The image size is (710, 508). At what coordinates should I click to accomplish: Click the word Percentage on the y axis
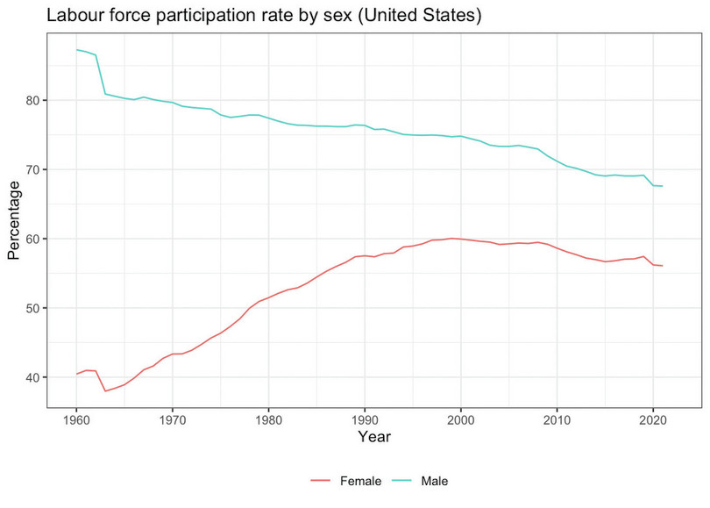point(13,220)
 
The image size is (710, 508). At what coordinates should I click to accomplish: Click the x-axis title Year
point(374,436)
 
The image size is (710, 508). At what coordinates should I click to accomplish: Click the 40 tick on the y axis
point(33,377)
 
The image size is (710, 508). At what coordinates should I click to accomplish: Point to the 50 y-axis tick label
point(33,308)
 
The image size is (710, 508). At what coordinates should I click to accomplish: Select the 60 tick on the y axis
point(33,239)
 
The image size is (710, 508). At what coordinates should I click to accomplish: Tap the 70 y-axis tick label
point(33,169)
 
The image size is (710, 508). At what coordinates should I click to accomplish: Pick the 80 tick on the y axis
point(33,100)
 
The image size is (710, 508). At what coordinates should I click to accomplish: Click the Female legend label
point(359,481)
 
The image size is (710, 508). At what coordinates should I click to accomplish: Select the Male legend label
point(435,481)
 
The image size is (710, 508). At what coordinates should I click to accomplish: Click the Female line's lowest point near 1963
point(105,390)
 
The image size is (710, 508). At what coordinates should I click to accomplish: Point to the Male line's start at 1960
point(77,50)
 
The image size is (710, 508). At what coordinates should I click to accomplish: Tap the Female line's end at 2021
point(662,266)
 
